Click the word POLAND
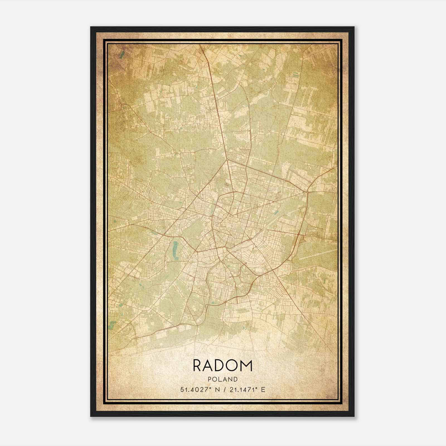coord(223,379)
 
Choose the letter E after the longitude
coord(263,389)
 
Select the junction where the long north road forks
coord(227,160)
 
